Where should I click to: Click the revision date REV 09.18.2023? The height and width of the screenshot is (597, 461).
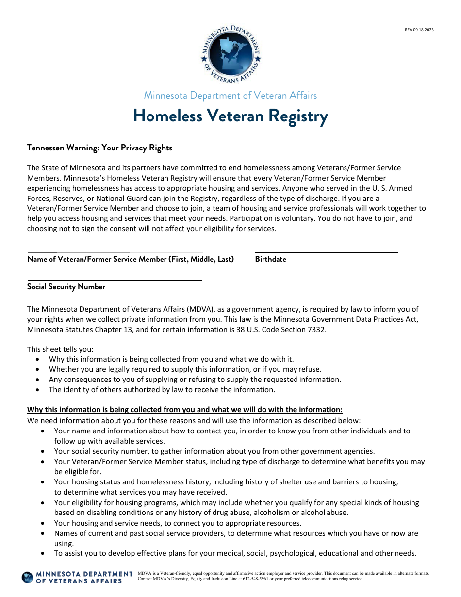[419, 30]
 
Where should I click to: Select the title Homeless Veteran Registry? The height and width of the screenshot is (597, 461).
[230, 116]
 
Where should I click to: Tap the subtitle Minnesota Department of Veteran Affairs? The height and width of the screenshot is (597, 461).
[230, 95]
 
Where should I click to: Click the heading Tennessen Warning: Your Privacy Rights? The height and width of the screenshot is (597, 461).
[99, 148]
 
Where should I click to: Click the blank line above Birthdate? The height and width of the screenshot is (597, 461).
[327, 251]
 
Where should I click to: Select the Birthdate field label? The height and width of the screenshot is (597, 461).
[270, 259]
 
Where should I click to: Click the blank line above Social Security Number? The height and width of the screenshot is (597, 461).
[115, 279]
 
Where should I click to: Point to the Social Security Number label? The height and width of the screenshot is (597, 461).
[66, 287]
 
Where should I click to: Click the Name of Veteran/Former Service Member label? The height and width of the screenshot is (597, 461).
[131, 259]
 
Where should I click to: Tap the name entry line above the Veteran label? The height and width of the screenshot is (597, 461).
[130, 251]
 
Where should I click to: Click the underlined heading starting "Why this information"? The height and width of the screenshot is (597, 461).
[184, 409]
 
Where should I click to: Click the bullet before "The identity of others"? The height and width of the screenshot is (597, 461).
[38, 390]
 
